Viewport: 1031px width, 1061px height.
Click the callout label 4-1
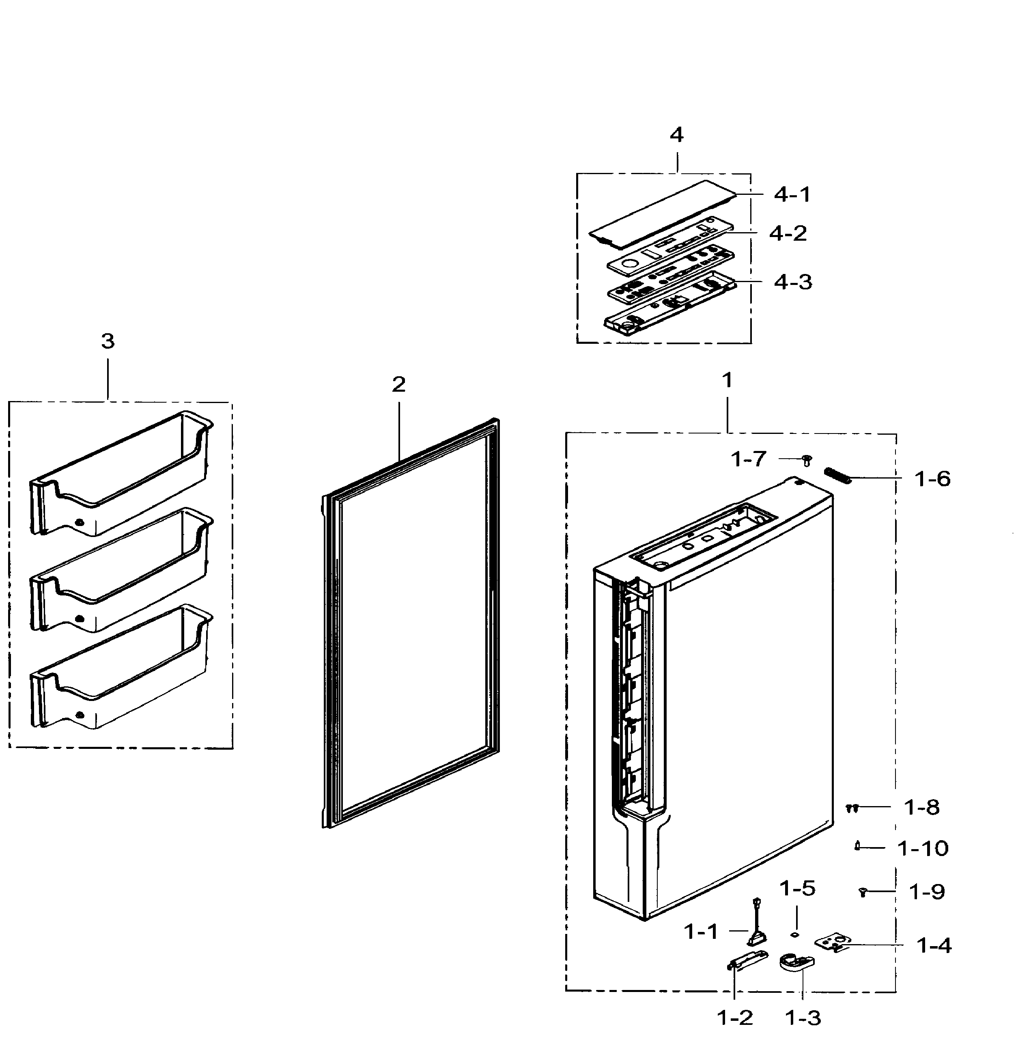pos(792,194)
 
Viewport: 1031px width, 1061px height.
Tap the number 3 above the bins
pos(108,341)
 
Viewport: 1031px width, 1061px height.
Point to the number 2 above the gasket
pos(398,384)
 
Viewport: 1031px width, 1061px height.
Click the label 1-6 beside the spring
pos(932,479)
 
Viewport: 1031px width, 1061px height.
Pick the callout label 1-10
pos(923,848)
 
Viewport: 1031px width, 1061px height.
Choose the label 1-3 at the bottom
pos(803,1018)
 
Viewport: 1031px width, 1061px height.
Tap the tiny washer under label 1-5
pos(795,934)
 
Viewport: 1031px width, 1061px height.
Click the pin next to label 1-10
pos(858,846)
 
